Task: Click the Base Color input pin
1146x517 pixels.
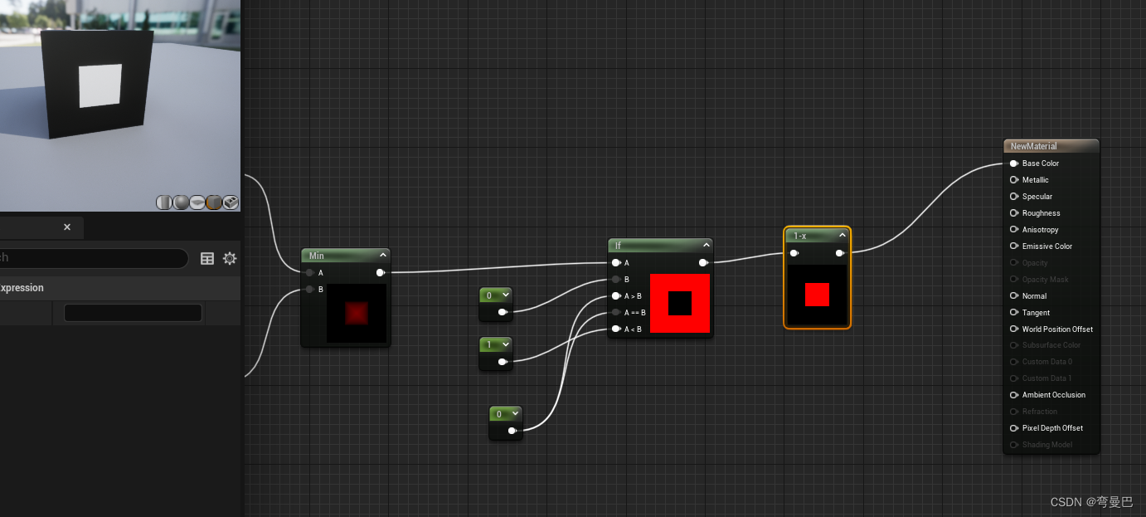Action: [x=1013, y=163]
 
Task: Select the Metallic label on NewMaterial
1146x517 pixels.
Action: [x=1035, y=180]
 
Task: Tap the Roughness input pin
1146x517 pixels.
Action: [x=1013, y=213]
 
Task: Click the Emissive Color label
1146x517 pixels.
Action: [x=1046, y=246]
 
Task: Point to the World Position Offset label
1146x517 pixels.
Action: [x=1057, y=329]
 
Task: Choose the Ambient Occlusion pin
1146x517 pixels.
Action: [x=1013, y=395]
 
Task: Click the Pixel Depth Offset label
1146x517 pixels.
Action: [x=1052, y=428]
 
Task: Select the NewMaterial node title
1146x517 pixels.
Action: [x=1033, y=146]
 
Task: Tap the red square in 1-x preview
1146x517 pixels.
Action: [x=817, y=295]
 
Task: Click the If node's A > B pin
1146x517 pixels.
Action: [x=616, y=296]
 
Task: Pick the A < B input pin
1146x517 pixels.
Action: [x=616, y=329]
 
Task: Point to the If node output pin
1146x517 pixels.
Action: [x=703, y=263]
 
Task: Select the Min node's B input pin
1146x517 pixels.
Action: [x=310, y=290]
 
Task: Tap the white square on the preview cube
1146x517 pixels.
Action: [x=100, y=85]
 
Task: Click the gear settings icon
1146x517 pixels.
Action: [x=230, y=259]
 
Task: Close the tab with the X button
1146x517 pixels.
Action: [x=67, y=227]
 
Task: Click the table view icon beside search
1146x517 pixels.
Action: [x=207, y=259]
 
